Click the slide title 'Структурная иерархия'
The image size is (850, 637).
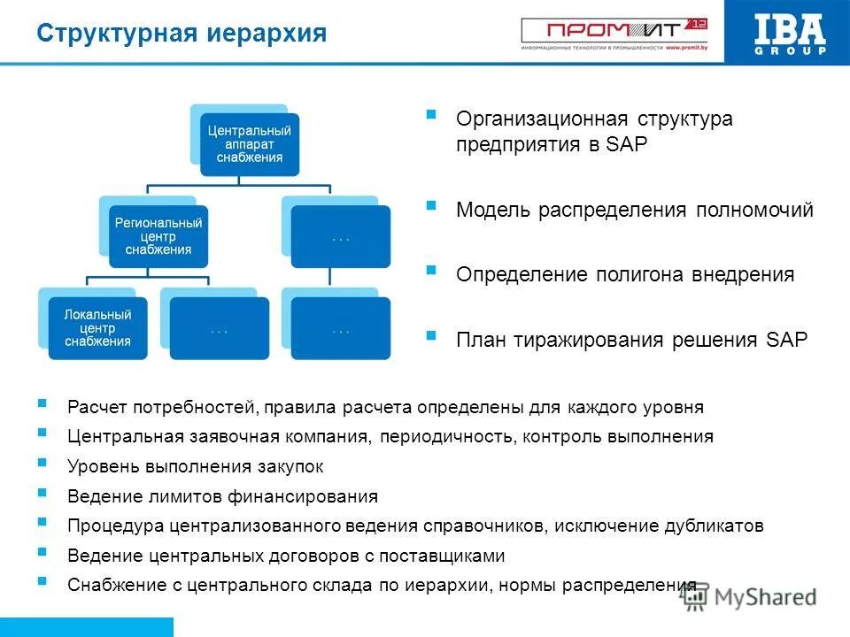(182, 34)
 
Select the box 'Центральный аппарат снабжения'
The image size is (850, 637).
(249, 144)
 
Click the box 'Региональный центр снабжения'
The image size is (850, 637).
(158, 236)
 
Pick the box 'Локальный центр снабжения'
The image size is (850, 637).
(97, 328)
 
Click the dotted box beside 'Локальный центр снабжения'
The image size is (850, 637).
(220, 328)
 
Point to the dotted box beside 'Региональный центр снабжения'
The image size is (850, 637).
(341, 236)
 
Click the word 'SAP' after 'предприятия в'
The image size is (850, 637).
(628, 145)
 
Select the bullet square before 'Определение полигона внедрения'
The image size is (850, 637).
(431, 270)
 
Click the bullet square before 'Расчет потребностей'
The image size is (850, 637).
(42, 403)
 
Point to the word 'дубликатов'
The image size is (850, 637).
(714, 526)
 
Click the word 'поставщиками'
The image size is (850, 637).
(446, 556)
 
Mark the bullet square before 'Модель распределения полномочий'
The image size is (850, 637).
(431, 205)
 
